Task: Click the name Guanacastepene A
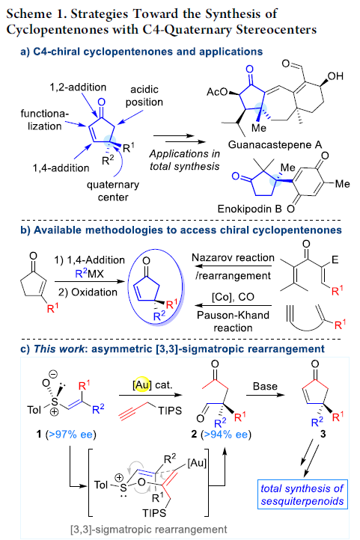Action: pos(275,144)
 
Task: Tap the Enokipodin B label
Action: pos(249,209)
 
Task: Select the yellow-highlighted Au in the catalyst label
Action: pos(142,384)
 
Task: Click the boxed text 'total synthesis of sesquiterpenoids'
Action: pos(302,494)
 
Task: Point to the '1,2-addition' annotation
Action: pos(78,87)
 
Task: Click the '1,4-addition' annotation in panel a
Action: pos(61,168)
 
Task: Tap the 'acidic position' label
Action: pos(144,96)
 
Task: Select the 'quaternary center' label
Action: pos(113,191)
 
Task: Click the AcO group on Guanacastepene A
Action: pos(217,91)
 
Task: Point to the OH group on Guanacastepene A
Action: pos(335,76)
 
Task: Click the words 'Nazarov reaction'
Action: pos(233,257)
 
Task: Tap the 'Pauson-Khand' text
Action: pos(233,315)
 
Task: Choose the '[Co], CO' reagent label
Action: pos(233,297)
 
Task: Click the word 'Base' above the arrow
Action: pos(265,386)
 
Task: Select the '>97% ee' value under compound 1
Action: pos(70,435)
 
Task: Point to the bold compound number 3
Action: pos(323,434)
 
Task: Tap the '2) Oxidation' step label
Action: pos(88,292)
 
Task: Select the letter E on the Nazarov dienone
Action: pos(335,260)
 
